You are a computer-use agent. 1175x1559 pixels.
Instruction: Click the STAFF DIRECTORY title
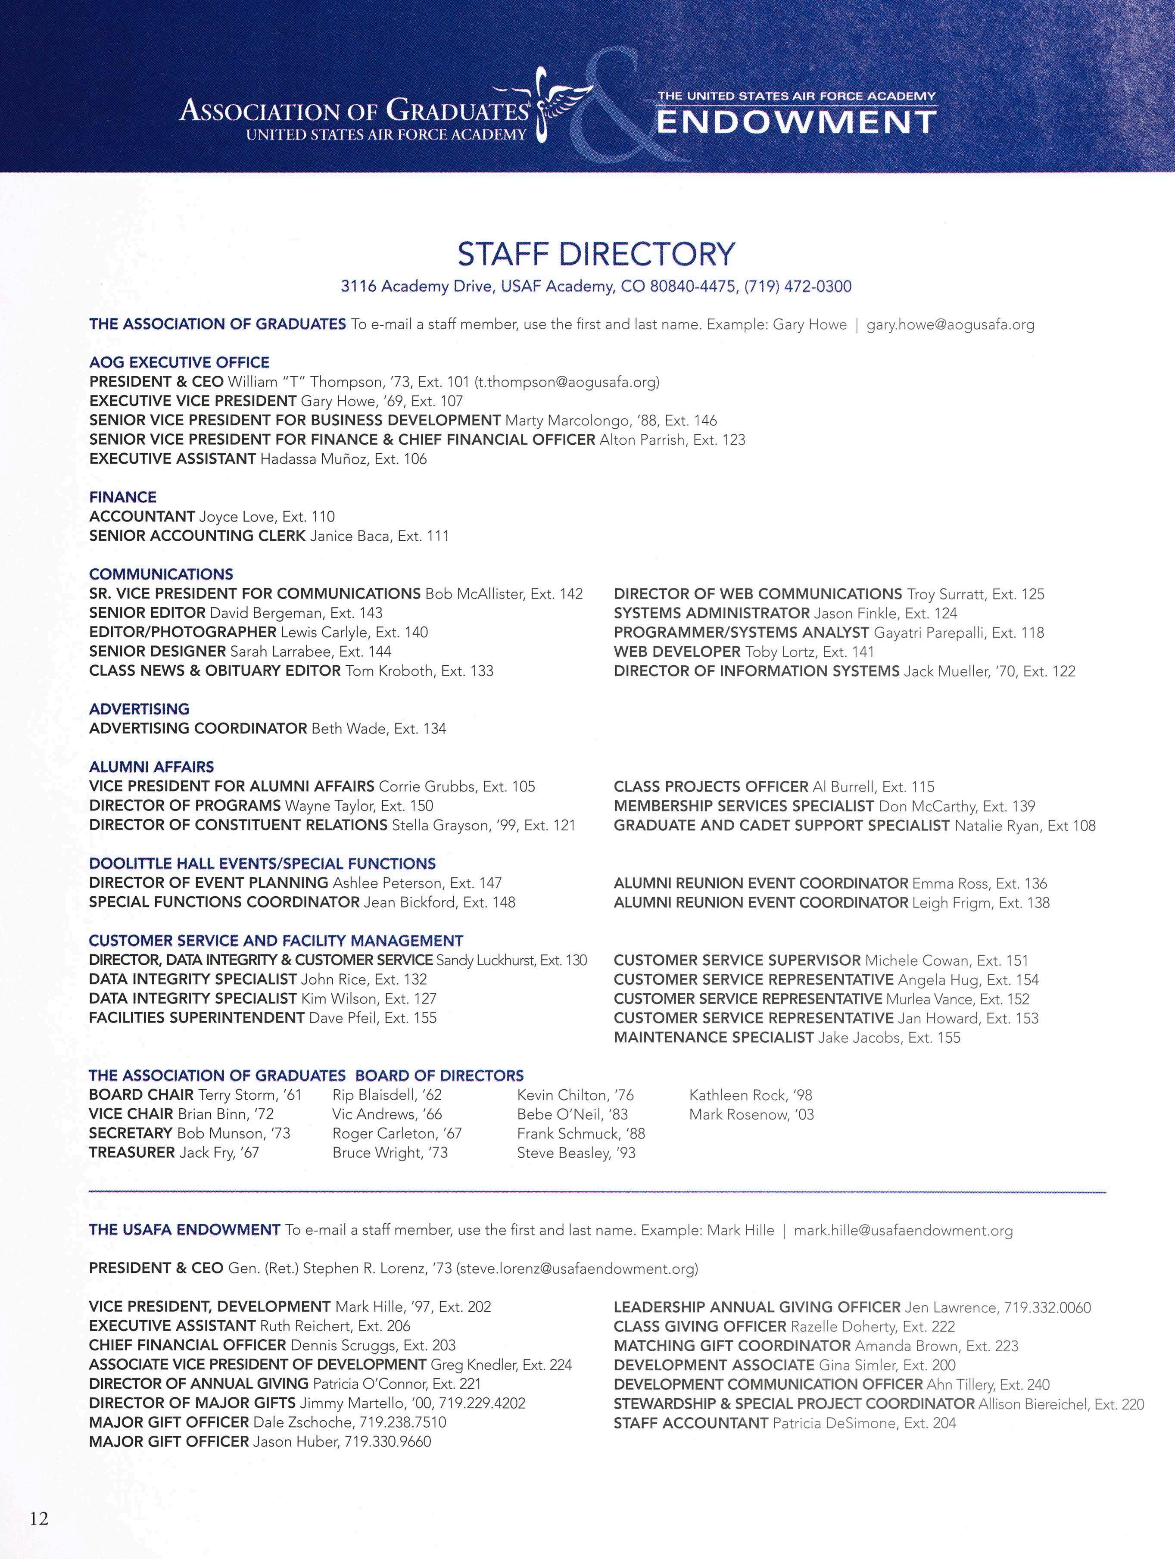[x=595, y=254]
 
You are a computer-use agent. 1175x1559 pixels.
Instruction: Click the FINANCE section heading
[x=123, y=497]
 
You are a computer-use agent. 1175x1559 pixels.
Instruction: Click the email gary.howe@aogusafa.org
[x=950, y=325]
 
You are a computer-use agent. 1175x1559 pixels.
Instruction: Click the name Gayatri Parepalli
[x=930, y=633]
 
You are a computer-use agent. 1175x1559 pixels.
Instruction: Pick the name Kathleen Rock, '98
[x=751, y=1095]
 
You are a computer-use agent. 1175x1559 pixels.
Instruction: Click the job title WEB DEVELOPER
[x=676, y=652]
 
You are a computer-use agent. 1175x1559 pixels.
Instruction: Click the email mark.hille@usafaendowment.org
[x=903, y=1231]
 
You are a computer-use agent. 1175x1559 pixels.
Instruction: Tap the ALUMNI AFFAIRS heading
[x=152, y=767]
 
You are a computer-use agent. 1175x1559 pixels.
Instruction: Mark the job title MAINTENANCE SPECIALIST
[x=714, y=1038]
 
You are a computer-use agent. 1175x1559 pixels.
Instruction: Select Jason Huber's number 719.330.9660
[x=388, y=1442]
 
